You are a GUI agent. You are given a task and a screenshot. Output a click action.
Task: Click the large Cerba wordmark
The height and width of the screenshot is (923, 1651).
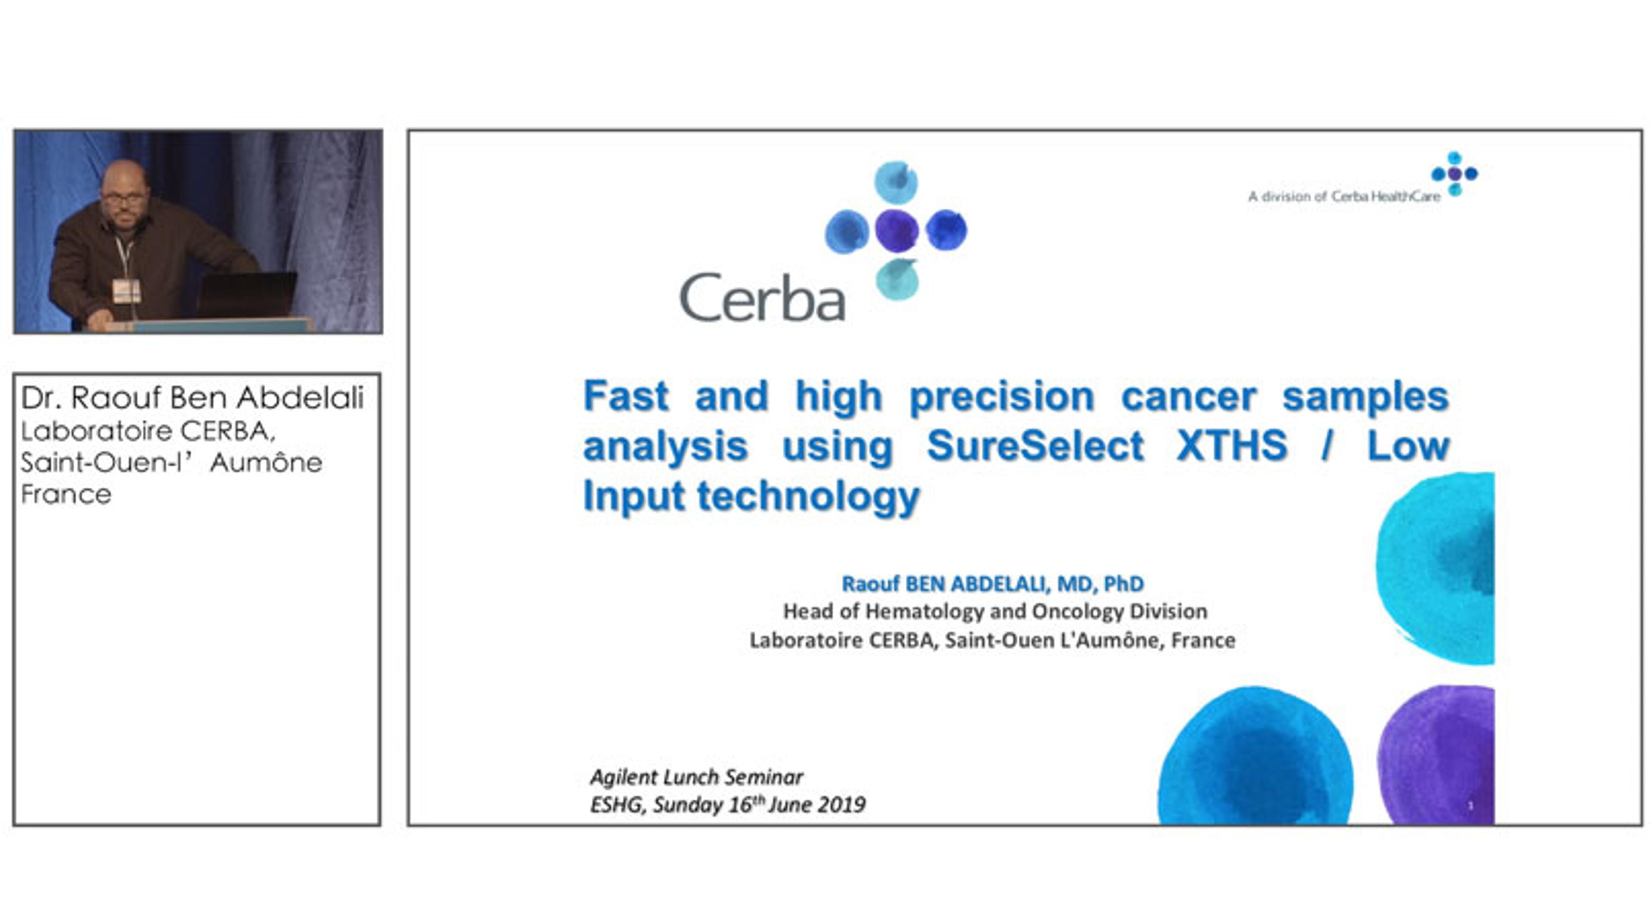762,297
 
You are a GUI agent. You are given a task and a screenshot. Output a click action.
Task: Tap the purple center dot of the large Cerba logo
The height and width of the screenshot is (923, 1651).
896,231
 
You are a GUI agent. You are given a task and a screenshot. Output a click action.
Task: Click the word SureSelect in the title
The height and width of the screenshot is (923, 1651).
1035,445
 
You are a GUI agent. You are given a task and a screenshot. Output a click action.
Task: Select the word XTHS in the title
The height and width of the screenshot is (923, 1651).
1232,445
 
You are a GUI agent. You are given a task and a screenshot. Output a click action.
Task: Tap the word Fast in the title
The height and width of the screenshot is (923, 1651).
626,396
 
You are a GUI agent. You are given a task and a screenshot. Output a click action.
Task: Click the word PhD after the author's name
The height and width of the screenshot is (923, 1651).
1123,583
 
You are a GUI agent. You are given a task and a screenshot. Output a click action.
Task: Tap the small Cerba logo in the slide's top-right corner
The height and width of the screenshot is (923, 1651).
1454,174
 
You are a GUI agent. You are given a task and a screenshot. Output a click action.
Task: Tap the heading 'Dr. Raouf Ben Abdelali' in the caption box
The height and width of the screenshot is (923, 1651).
192,398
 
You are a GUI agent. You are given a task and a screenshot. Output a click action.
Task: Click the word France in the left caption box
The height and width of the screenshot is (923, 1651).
66,494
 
